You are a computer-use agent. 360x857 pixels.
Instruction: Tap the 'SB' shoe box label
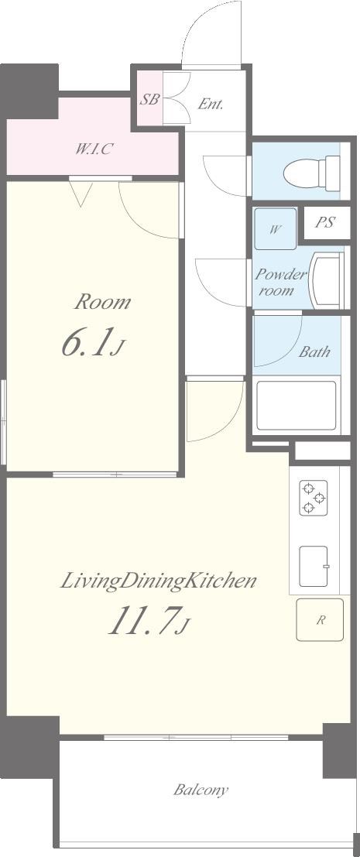(149, 100)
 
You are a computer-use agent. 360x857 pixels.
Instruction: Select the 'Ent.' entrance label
(211, 104)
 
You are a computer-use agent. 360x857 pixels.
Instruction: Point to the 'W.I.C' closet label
(94, 149)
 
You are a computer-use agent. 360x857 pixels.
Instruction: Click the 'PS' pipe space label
(326, 223)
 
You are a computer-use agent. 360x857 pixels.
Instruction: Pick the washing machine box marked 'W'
(276, 229)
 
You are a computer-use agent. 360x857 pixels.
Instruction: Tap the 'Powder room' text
(281, 282)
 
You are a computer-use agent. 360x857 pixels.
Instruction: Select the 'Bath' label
(314, 351)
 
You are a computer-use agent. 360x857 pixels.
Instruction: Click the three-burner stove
(314, 498)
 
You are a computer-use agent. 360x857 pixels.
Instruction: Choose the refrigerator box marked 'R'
(320, 620)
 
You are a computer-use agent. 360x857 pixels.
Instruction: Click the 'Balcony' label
(201, 790)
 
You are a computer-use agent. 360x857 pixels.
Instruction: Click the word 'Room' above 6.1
(103, 302)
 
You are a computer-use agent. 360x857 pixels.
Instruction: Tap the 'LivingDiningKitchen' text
(157, 581)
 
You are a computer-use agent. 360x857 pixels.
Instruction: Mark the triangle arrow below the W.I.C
(81, 194)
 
